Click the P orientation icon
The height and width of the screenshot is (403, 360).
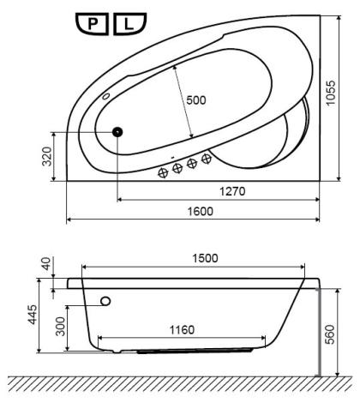click(x=92, y=24)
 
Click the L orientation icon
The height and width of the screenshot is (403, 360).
click(x=129, y=24)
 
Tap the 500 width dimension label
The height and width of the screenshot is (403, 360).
click(x=196, y=100)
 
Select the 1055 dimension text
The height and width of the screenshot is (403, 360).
click(x=331, y=93)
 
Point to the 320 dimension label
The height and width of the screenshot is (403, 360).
click(x=47, y=156)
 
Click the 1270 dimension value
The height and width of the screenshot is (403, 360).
click(x=232, y=191)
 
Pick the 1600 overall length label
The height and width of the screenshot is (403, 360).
click(x=201, y=211)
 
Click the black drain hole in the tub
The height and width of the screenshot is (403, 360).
click(x=117, y=132)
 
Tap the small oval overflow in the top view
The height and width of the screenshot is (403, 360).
click(x=106, y=96)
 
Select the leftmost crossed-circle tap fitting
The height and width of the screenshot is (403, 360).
click(x=163, y=172)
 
